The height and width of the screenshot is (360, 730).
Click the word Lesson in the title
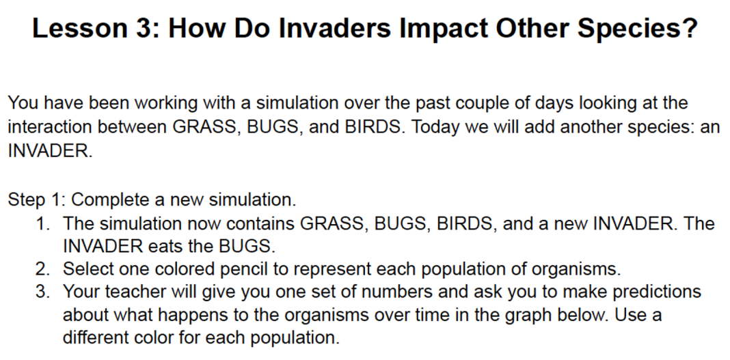79,28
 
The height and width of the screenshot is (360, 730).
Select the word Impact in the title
444,29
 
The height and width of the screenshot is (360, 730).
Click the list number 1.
43,224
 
